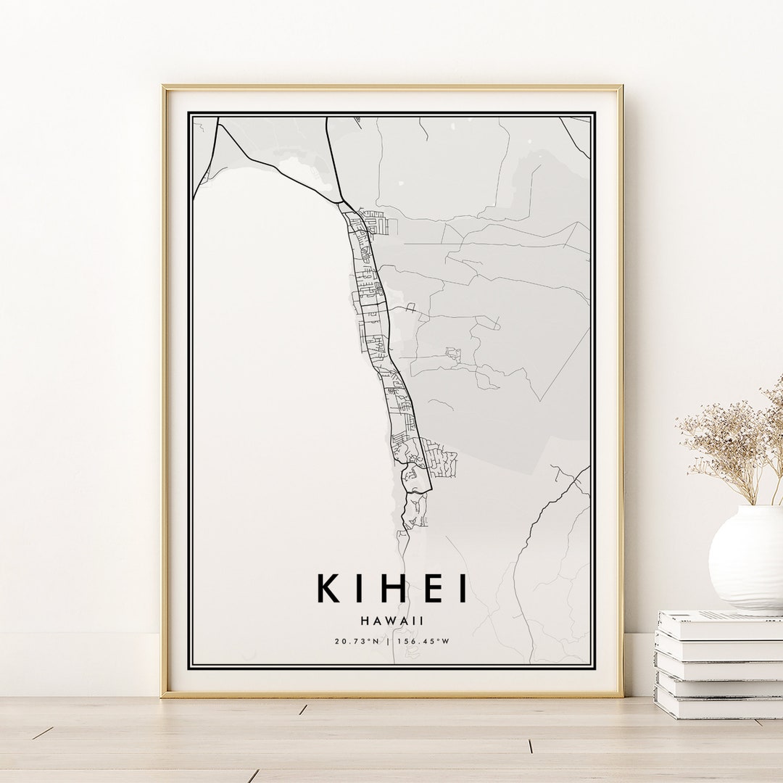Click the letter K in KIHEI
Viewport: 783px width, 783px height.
(x=328, y=589)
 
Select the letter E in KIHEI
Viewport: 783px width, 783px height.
(x=428, y=589)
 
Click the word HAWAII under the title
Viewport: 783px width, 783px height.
(x=391, y=621)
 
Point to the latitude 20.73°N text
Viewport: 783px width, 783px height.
(x=357, y=641)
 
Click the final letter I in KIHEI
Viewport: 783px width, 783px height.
(x=461, y=589)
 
